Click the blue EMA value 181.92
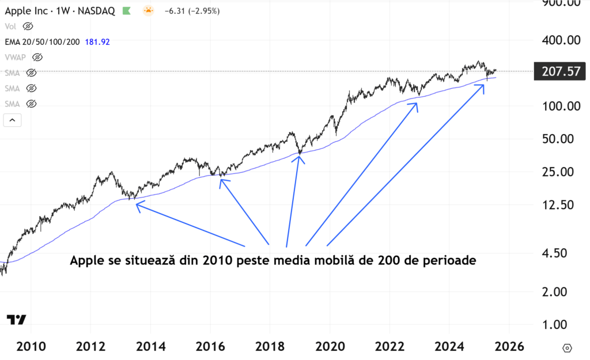click(97, 41)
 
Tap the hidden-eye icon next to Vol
click(28, 26)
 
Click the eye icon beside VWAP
click(37, 57)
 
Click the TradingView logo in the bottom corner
click(16, 320)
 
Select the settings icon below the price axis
click(567, 348)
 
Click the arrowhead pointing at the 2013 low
click(137, 204)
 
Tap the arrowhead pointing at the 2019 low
click(298, 158)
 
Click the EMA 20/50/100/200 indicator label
click(42, 41)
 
